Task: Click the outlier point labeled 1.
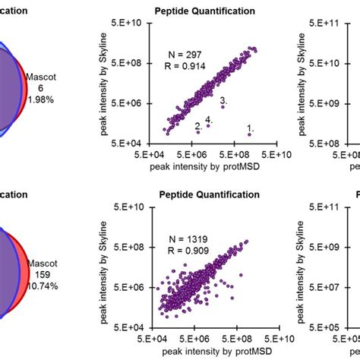[248, 134]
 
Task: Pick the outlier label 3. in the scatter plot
[223, 100]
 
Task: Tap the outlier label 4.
[209, 120]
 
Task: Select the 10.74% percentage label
[41, 289]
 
